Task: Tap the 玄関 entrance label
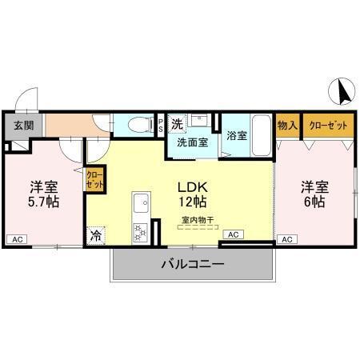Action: (x=23, y=125)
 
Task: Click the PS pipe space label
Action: (x=161, y=125)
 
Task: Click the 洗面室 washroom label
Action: (x=192, y=142)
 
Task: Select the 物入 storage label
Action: (x=287, y=126)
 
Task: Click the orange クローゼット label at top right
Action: (x=327, y=126)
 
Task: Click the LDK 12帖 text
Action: (x=192, y=193)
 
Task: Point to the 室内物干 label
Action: (x=197, y=219)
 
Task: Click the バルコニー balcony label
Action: (x=192, y=265)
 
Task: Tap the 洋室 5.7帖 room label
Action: (x=45, y=194)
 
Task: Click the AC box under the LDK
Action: (x=233, y=234)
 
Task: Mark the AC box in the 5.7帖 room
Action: (x=17, y=238)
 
